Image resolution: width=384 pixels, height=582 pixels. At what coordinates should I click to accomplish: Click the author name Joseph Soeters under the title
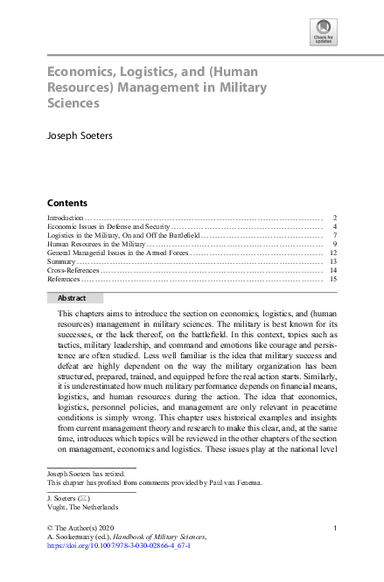[x=80, y=136]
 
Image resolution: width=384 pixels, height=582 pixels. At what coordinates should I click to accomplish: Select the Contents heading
[x=66, y=202]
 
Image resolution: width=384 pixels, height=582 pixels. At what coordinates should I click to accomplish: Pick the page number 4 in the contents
[x=335, y=226]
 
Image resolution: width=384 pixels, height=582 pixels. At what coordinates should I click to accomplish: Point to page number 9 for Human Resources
[x=335, y=245]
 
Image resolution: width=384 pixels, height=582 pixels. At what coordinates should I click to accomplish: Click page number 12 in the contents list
[x=333, y=253]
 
